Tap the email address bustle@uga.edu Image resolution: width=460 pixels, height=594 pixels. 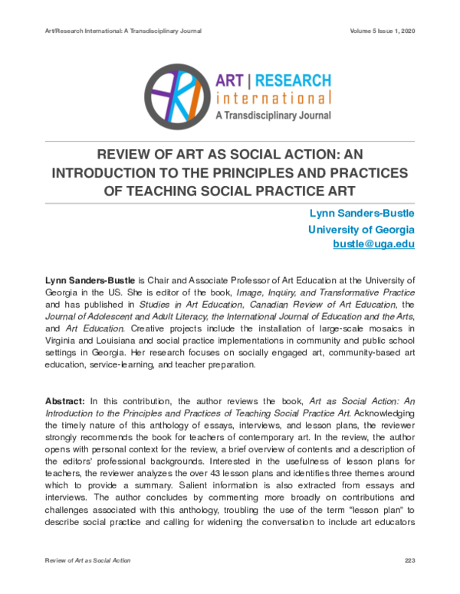tap(373, 244)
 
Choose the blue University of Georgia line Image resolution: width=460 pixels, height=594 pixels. tap(361, 229)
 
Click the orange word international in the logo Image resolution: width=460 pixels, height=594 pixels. tap(274, 98)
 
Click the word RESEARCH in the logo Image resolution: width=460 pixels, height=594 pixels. tap(294, 80)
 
